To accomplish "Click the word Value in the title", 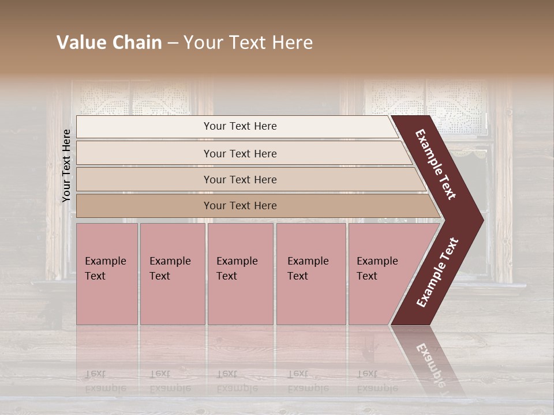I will tap(81, 43).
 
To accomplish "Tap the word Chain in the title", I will tap(136, 43).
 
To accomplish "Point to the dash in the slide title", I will tap(173, 43).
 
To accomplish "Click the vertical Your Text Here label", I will tap(66, 165).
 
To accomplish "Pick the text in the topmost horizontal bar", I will tap(240, 126).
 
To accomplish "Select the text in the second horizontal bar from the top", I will tap(240, 153).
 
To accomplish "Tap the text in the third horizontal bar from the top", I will tap(240, 179).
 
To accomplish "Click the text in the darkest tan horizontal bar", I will tap(240, 205).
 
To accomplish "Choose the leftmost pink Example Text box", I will tap(107, 274).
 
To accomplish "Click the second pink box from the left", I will tap(173, 274).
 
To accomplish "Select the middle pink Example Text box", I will tap(240, 274).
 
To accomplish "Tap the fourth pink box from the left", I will tap(311, 274).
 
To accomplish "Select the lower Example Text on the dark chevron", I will tap(437, 273).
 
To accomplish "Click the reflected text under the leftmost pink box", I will tap(105, 380).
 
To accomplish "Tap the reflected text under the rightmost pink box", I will tap(377, 380).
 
